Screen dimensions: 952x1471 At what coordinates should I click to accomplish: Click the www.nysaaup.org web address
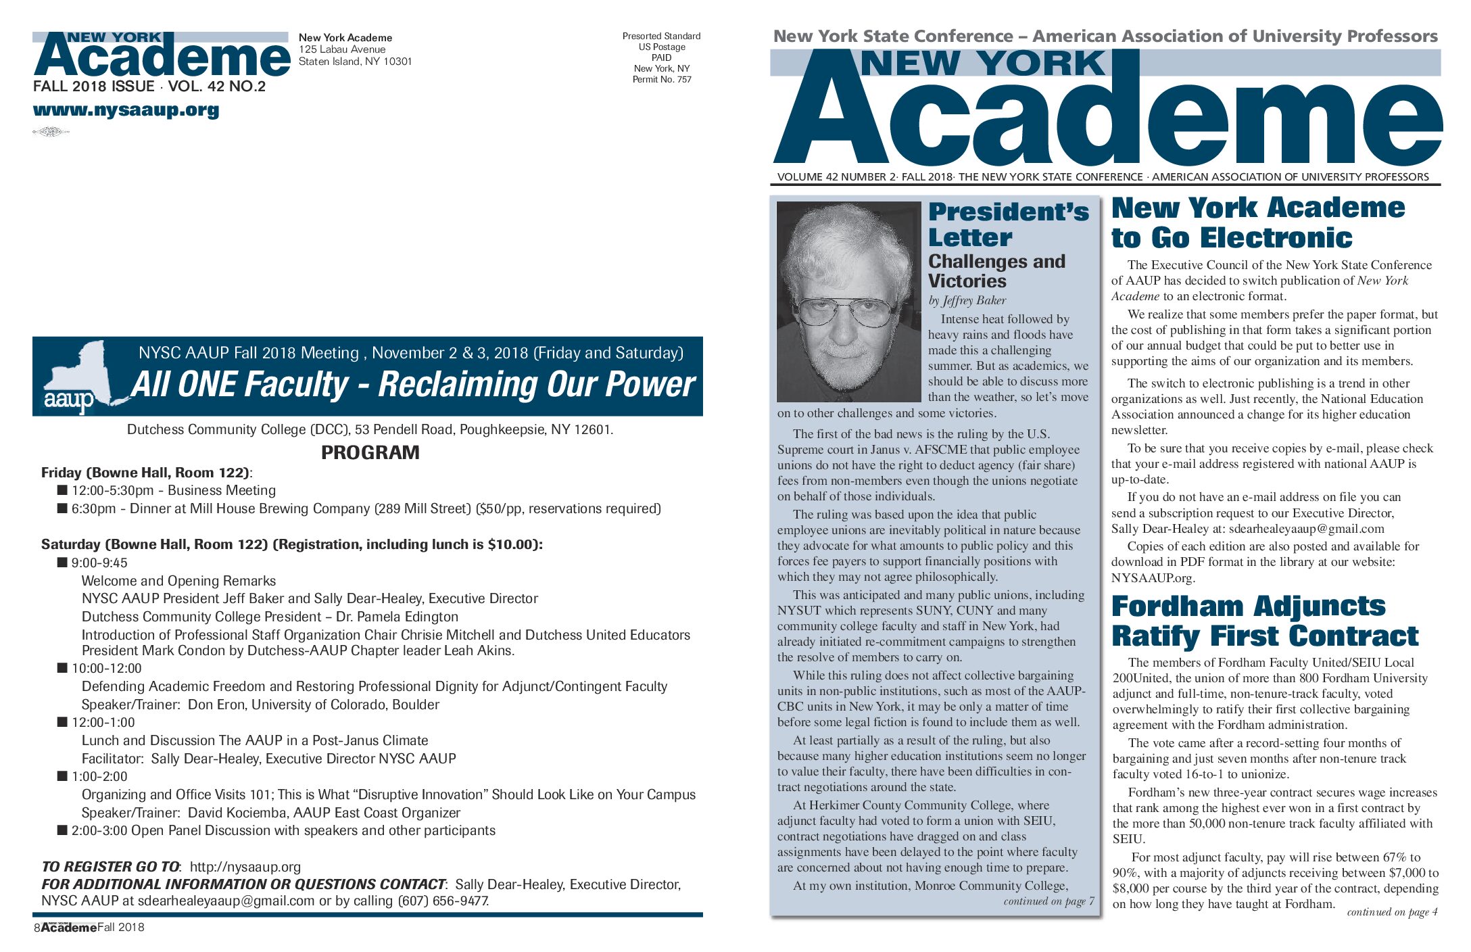(x=126, y=110)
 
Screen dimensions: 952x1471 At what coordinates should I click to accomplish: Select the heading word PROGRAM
(x=370, y=452)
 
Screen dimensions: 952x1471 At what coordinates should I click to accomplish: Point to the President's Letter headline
(x=1008, y=224)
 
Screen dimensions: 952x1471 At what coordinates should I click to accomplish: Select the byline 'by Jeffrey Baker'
(x=967, y=300)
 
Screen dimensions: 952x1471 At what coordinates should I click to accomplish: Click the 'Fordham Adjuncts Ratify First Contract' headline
(x=1264, y=621)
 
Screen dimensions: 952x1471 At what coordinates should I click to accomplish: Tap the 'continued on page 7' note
(x=1048, y=901)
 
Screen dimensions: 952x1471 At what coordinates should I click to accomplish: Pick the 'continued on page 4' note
(x=1392, y=911)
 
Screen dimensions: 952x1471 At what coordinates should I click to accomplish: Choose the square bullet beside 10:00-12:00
(x=63, y=668)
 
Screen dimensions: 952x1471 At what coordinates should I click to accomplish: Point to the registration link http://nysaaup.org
(x=245, y=867)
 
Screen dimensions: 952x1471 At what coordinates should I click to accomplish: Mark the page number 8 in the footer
(x=37, y=928)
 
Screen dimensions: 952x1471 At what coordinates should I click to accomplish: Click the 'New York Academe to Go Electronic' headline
(x=1257, y=222)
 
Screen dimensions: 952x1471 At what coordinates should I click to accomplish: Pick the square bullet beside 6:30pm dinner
(x=63, y=508)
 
